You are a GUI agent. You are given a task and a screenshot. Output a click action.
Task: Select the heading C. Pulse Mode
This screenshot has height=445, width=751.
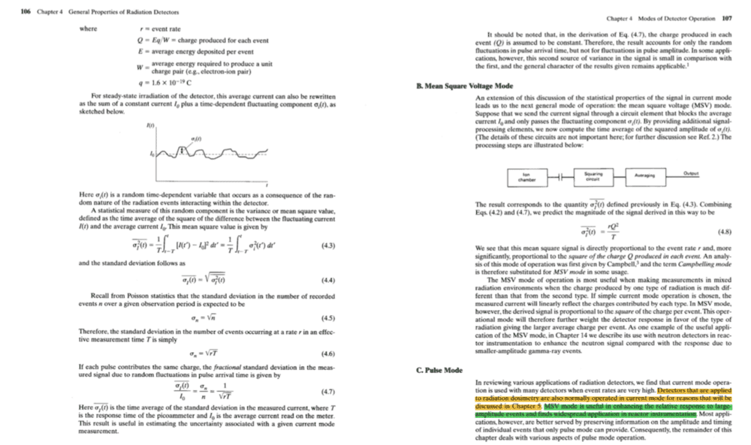coord(439,370)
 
